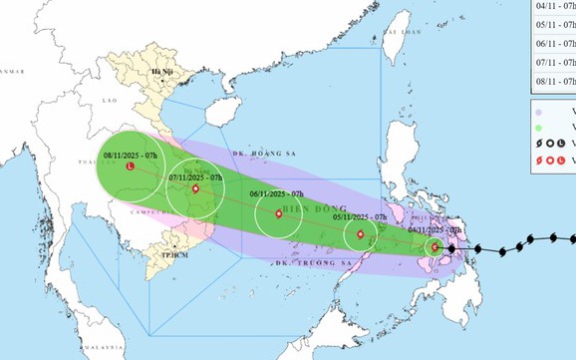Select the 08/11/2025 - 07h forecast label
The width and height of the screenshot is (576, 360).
coord(128,155)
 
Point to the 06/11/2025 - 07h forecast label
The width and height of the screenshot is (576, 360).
coord(274,194)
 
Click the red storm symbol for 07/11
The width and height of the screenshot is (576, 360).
coord(196,188)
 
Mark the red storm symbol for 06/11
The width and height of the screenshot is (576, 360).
coord(278,212)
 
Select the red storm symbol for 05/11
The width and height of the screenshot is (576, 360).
coord(360,235)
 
